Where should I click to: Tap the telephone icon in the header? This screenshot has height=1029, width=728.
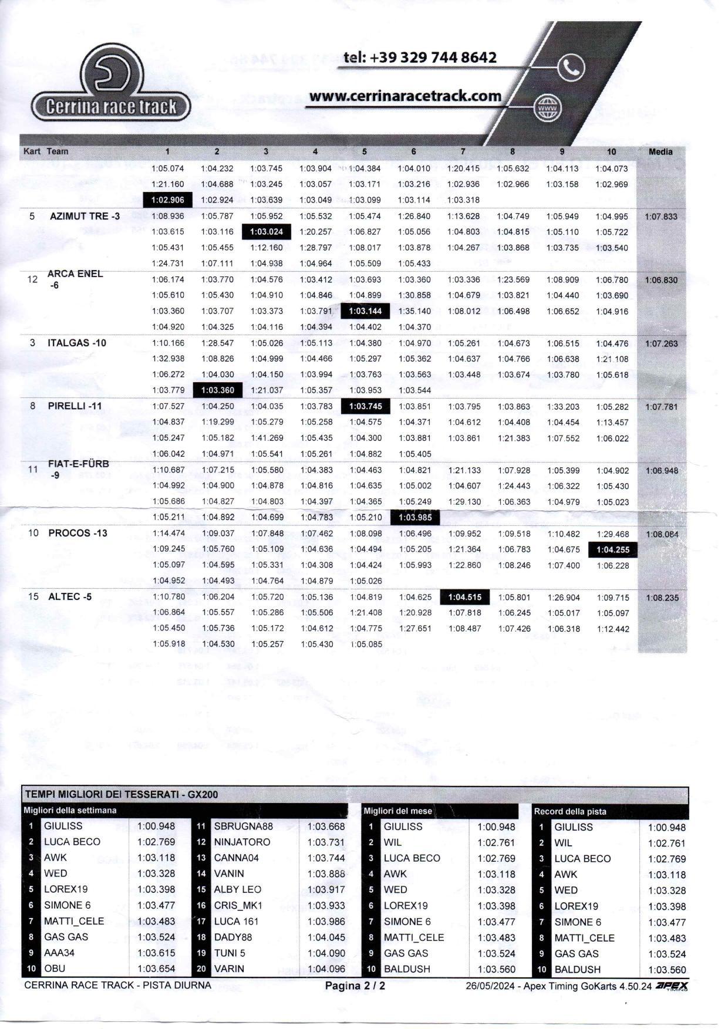[571, 68]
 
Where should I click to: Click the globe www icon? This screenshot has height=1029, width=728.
[548, 109]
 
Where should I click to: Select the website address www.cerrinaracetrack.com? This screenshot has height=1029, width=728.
[405, 96]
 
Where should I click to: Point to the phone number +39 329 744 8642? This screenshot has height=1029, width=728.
[420, 58]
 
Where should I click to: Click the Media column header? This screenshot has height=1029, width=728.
[660, 151]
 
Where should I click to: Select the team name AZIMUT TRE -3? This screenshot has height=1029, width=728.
[85, 216]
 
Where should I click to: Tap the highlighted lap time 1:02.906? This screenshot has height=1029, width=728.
[168, 200]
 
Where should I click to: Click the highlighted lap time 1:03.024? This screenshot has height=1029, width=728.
[267, 232]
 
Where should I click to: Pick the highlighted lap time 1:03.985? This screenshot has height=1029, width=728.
[414, 517]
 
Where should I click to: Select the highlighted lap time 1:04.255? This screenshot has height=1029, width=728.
[613, 550]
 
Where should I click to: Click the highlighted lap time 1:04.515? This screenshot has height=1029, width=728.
[464, 598]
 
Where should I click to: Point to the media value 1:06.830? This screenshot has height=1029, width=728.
[661, 280]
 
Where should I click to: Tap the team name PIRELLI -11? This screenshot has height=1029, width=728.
[75, 406]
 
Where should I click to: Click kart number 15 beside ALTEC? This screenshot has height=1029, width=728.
[33, 596]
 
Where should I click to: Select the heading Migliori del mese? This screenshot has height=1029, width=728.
[397, 811]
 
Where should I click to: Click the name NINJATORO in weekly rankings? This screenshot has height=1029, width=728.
[242, 842]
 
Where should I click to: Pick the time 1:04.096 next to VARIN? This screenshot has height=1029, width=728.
[326, 969]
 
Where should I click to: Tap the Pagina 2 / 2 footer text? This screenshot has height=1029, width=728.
[355, 986]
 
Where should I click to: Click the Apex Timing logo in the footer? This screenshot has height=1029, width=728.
[672, 986]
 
